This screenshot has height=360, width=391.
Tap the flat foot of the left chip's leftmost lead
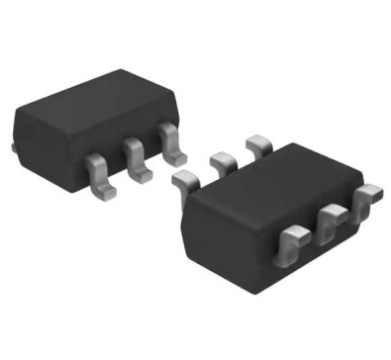click(x=102, y=181)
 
